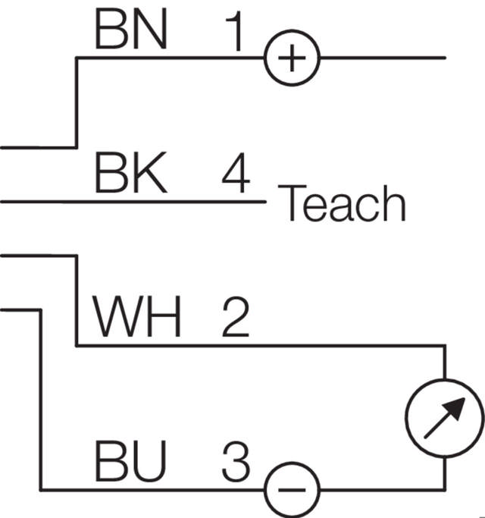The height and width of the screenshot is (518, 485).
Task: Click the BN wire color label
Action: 130,32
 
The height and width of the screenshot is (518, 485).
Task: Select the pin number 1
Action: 236,32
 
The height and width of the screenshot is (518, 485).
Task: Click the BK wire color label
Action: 130,174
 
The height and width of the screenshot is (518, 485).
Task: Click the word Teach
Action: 343,204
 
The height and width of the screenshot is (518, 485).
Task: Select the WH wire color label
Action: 137,317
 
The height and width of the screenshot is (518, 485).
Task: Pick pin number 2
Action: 236,317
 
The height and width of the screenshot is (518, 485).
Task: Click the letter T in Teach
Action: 293,204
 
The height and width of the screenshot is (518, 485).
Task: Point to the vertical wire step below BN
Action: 77,102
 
